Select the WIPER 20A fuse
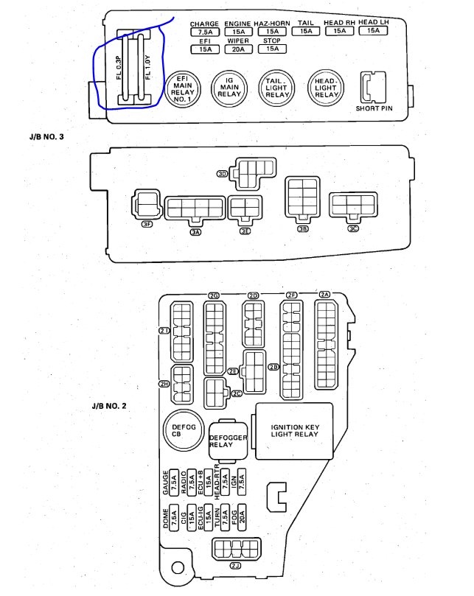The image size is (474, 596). click(x=237, y=49)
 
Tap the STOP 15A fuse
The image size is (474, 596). click(x=272, y=49)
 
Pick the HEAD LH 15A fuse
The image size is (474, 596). click(x=373, y=31)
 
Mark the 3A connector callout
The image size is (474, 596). click(x=195, y=231)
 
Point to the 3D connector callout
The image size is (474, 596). click(x=222, y=174)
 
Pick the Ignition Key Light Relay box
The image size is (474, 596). click(x=294, y=430)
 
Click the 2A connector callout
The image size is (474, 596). click(x=325, y=295)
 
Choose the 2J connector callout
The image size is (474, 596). click(x=235, y=566)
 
